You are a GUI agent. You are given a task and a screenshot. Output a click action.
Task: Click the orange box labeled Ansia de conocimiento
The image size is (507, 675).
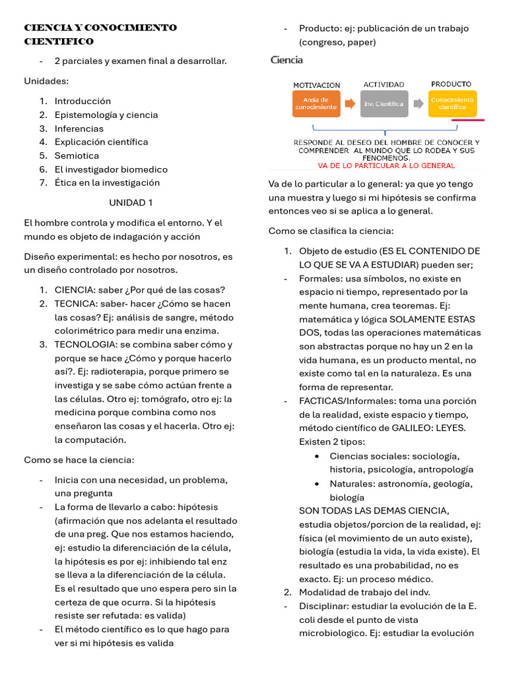click(x=316, y=103)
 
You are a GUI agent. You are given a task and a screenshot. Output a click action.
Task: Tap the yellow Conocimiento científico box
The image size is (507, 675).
click(x=452, y=103)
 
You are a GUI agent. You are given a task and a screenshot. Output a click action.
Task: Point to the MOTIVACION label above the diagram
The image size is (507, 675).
click(x=317, y=85)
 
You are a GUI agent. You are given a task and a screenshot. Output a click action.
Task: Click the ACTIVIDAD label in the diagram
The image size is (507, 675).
click(x=384, y=84)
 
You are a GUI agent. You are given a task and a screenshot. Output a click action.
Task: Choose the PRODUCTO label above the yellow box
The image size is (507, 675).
click(x=451, y=84)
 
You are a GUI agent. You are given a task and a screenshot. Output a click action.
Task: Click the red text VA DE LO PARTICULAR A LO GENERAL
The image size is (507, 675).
click(x=386, y=165)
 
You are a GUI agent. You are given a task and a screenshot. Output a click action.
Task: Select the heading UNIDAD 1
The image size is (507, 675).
click(x=131, y=202)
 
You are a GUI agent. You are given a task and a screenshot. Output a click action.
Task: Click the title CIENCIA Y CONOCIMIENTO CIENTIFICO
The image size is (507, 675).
click(x=100, y=34)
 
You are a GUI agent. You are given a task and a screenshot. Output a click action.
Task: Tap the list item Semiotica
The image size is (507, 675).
click(x=77, y=156)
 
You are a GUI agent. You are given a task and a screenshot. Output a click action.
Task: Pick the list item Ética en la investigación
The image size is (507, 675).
click(x=107, y=183)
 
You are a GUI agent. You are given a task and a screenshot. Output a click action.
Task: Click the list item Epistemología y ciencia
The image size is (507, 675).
click(x=106, y=115)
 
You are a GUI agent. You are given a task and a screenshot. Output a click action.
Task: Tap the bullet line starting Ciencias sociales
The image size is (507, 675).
click(x=395, y=455)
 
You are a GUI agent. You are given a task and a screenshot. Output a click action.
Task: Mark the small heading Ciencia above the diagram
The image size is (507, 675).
click(x=287, y=60)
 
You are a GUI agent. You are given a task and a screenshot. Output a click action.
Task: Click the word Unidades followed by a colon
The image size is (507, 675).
click(x=46, y=81)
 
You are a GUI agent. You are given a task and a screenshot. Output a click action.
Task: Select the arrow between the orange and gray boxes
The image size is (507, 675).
click(x=350, y=104)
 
